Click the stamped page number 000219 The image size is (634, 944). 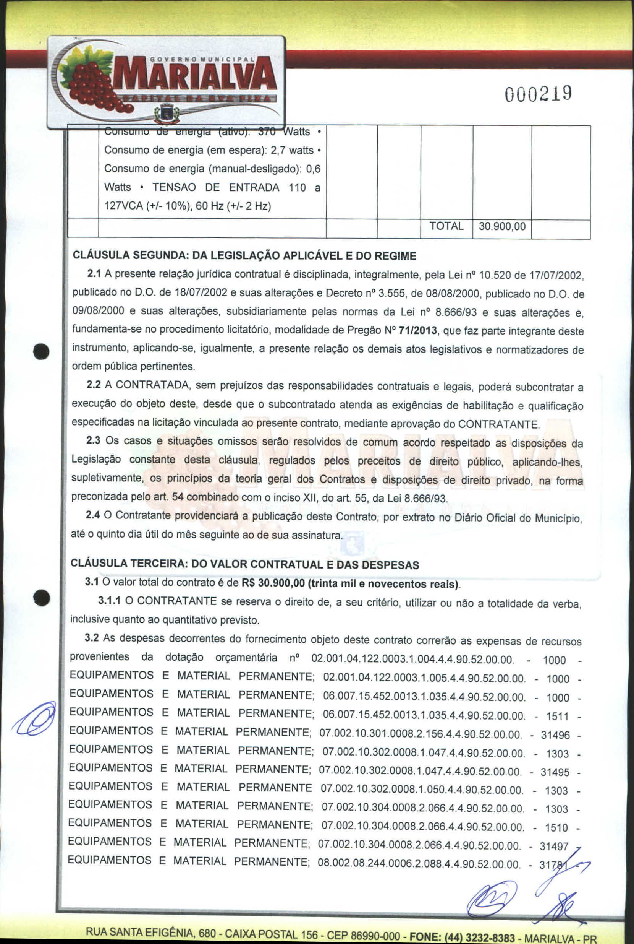[x=537, y=94]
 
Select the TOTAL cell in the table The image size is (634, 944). [x=446, y=226]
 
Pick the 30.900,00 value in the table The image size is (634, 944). [x=502, y=226]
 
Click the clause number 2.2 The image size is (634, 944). [x=94, y=385]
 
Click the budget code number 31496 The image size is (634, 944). [x=555, y=735]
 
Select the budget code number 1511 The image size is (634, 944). [x=557, y=716]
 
